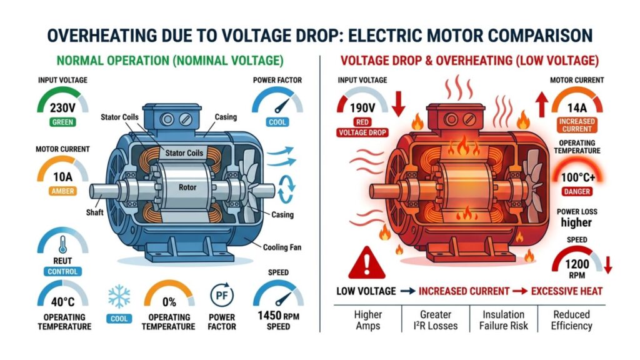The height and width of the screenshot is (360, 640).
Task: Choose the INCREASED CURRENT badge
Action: coord(576,124)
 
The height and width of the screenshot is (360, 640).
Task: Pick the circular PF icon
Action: coord(222,294)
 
